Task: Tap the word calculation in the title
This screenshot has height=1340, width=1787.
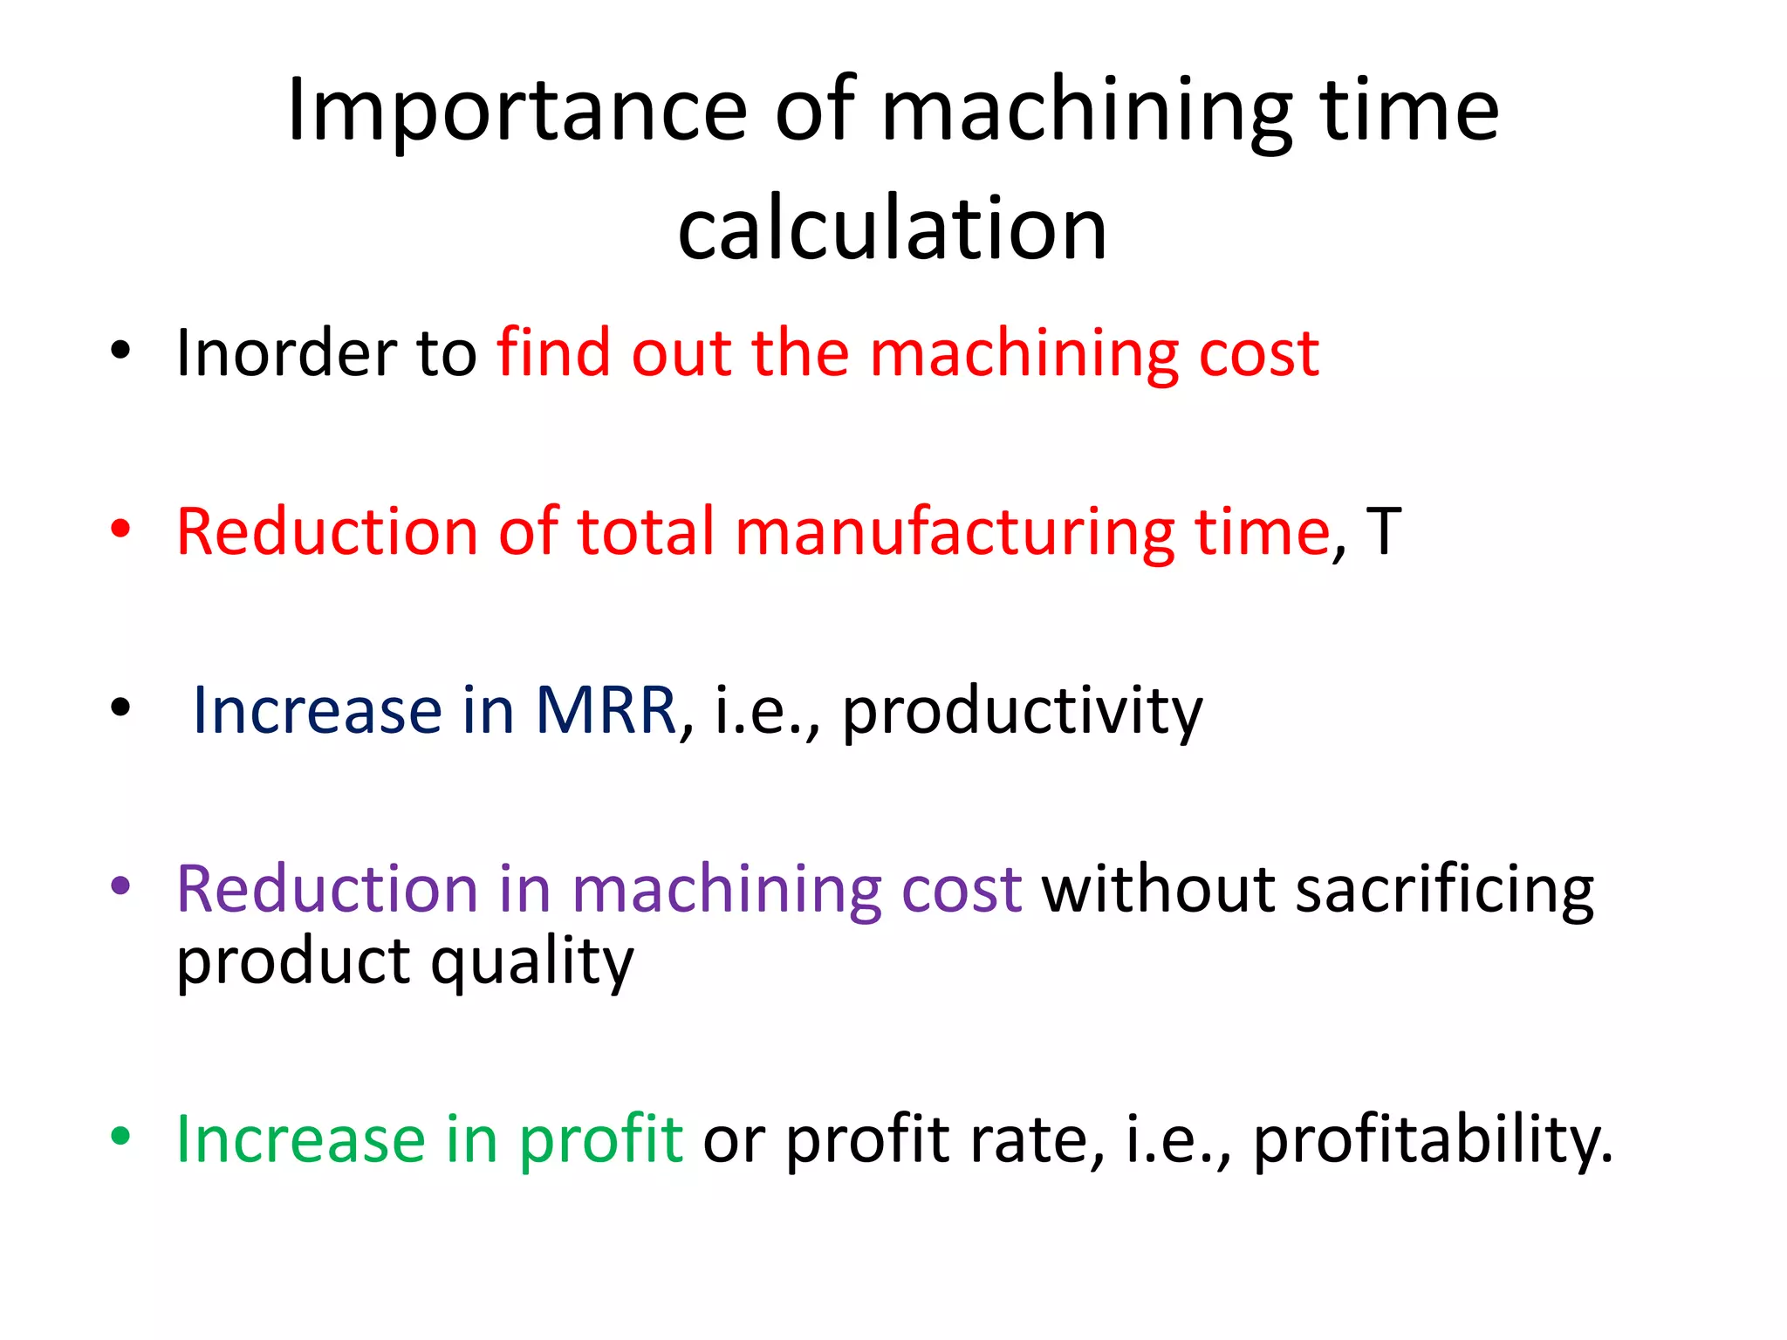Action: pyautogui.click(x=893, y=229)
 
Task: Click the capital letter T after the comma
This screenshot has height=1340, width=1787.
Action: pyautogui.click(x=1384, y=531)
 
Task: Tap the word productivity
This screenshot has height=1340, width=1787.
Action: pyautogui.click(x=1022, y=711)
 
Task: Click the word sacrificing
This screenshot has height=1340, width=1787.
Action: pyautogui.click(x=1445, y=890)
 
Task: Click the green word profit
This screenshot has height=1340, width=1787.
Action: pyautogui.click(x=600, y=1139)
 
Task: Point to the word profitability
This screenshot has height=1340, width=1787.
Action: pyautogui.click(x=1432, y=1139)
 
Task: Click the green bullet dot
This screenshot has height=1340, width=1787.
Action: pyautogui.click(x=120, y=1137)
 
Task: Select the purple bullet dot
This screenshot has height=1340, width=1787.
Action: pyautogui.click(x=120, y=887)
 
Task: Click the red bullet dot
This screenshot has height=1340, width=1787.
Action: pyautogui.click(x=120, y=530)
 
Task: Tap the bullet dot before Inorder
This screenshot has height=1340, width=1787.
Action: pyautogui.click(x=120, y=351)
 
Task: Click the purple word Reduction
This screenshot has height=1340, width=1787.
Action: pyautogui.click(x=327, y=890)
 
